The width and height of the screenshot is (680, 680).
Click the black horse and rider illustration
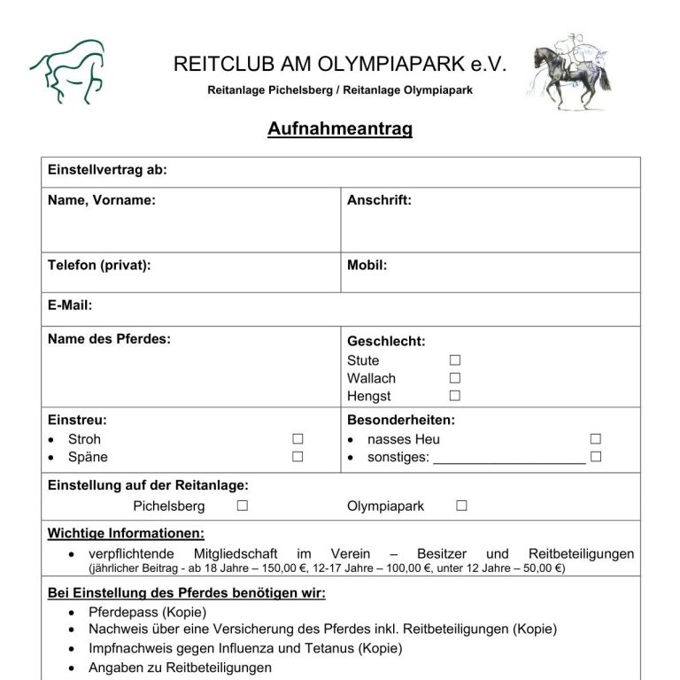[572, 71]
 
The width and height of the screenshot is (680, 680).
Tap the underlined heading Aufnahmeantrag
[340, 129]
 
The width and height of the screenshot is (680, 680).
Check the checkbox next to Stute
[455, 360]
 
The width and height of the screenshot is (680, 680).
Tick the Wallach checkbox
[455, 378]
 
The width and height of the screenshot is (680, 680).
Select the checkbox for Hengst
[455, 396]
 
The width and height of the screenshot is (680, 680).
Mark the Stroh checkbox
[298, 439]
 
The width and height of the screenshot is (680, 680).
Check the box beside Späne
[298, 457]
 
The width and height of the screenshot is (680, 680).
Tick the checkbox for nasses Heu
[596, 439]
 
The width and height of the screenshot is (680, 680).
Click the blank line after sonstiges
[509, 459]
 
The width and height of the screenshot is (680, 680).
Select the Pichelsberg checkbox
[243, 506]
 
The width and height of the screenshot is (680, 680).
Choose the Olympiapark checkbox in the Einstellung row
[461, 506]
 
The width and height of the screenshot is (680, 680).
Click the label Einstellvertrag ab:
[107, 170]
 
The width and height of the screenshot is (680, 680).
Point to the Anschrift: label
[379, 200]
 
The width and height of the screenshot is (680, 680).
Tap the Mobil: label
[367, 265]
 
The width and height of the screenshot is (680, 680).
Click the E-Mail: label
[70, 305]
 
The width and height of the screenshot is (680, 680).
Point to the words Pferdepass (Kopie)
[147, 612]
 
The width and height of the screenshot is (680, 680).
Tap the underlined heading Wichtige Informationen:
[126, 533]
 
